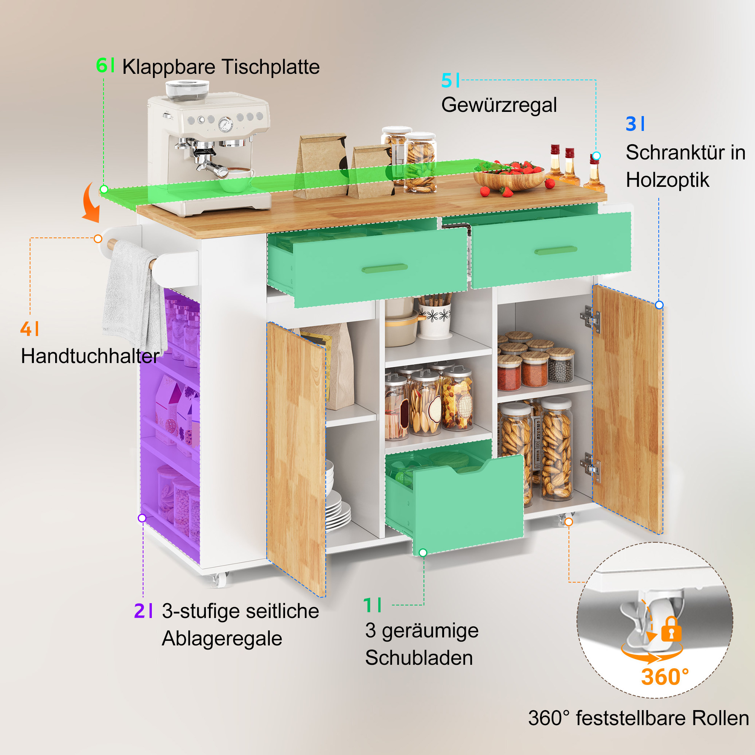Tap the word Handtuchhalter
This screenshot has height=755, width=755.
[90, 356]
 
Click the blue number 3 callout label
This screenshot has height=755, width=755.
[635, 124]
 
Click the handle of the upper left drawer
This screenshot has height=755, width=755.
[384, 268]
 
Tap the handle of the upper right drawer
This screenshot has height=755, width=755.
[556, 250]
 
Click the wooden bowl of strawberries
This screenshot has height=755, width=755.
[509, 178]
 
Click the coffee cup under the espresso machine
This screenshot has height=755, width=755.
[236, 179]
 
